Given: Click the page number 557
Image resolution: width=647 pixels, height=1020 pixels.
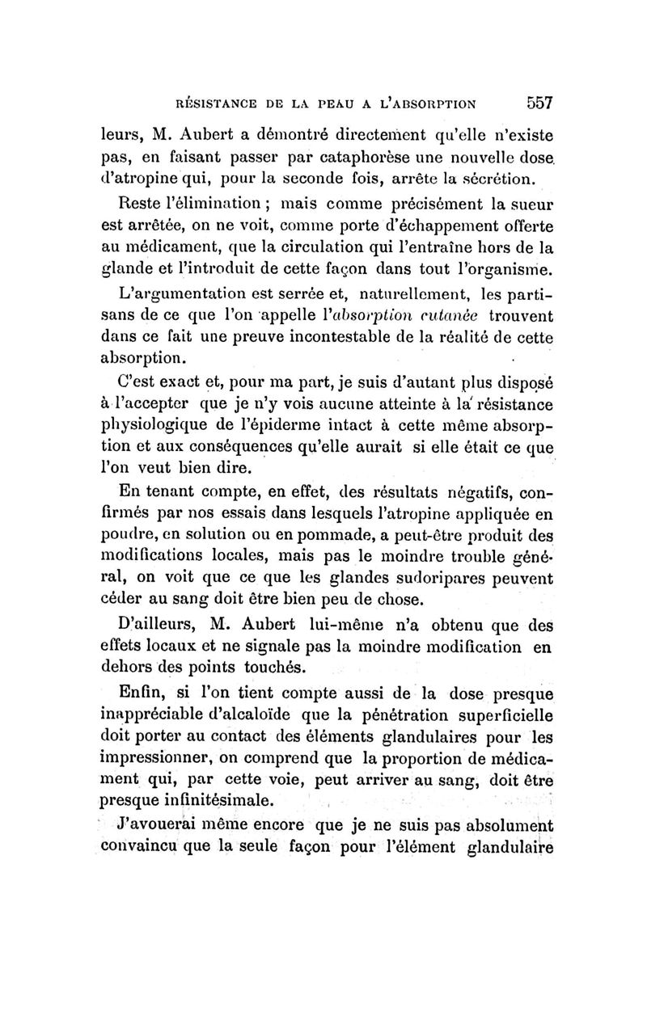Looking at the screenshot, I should coord(536,103).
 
